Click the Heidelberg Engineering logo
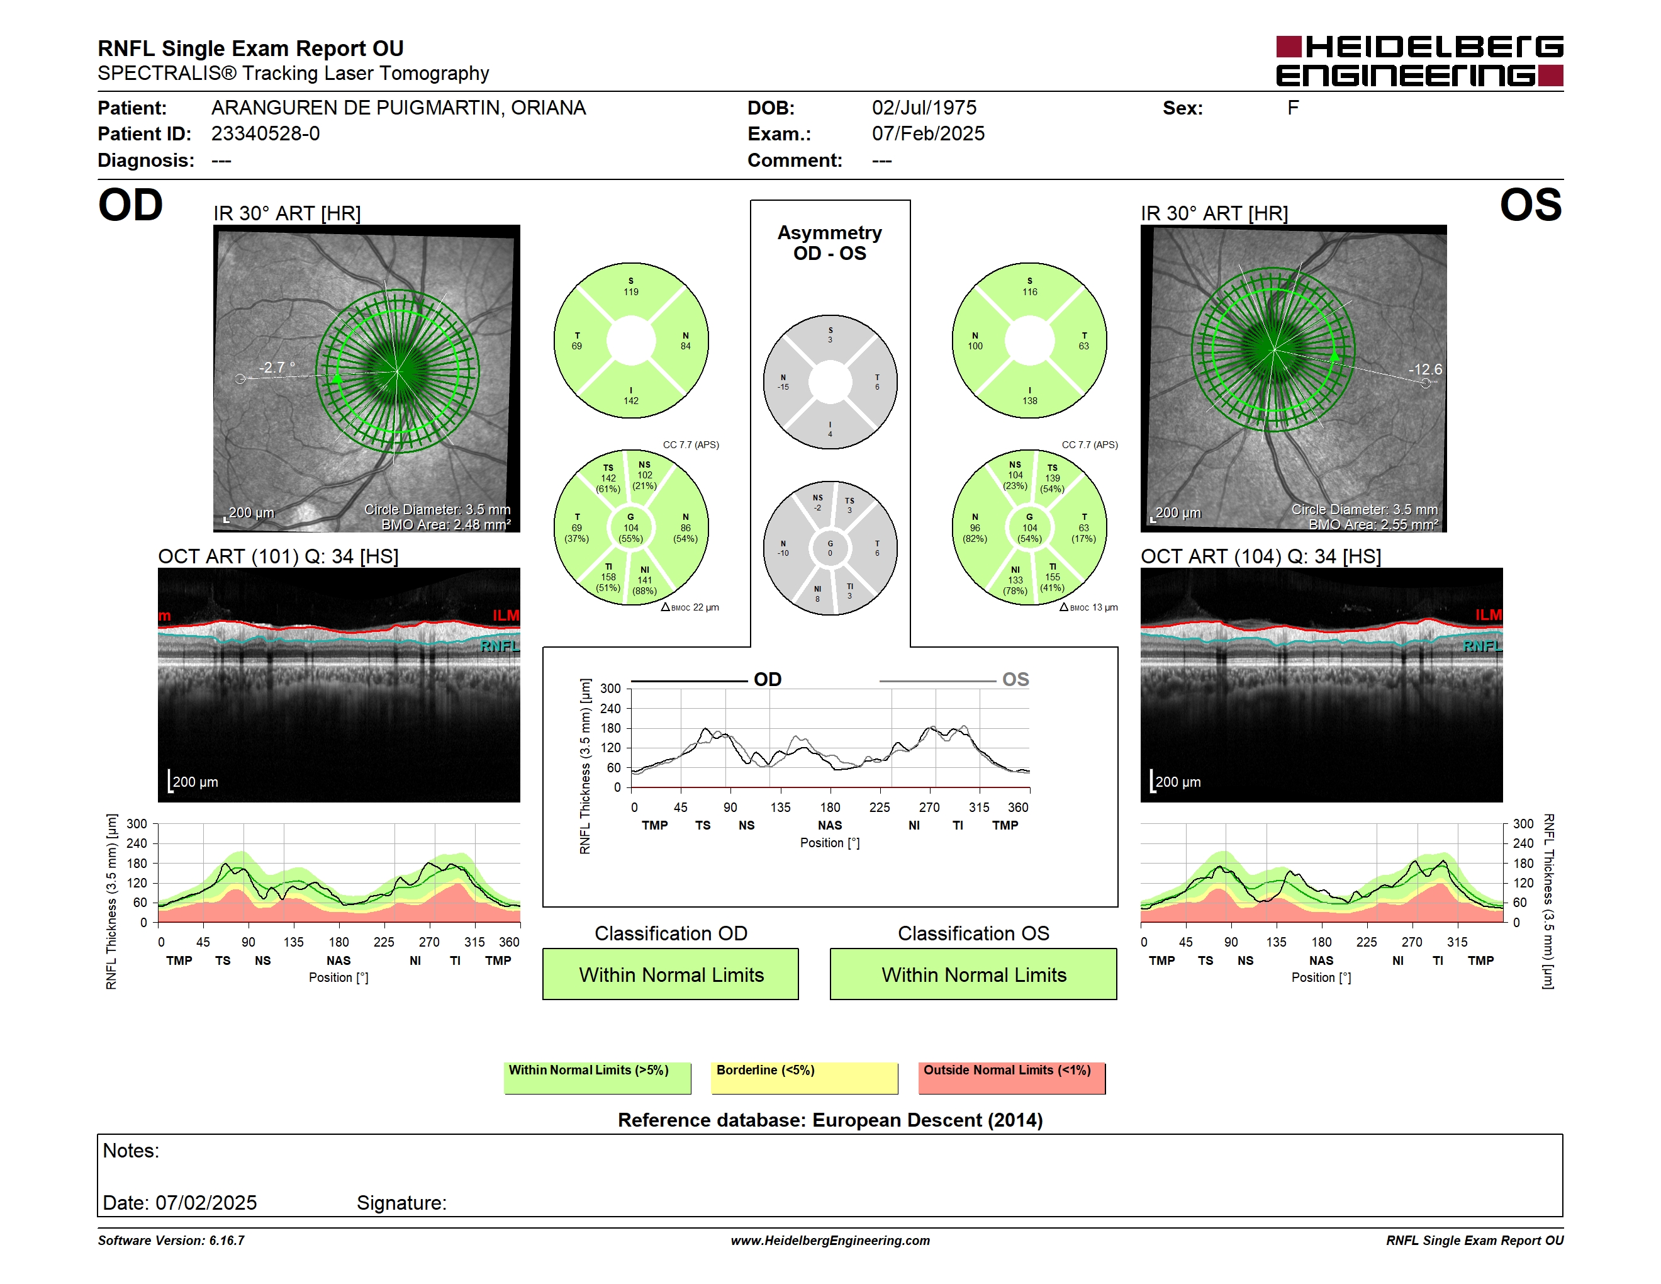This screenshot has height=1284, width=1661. coord(1419,61)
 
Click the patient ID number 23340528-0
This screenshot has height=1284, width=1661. coord(266,134)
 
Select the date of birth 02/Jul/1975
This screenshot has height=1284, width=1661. coord(924,108)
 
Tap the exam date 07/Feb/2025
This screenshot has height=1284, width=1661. coord(928,134)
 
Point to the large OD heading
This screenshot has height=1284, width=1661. coord(130,205)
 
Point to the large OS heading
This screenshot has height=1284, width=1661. coord(1530,205)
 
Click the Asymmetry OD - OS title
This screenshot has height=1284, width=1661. coord(830,243)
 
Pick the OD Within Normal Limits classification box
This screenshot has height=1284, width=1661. coord(670,974)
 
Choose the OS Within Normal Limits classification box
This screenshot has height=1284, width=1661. coord(973,974)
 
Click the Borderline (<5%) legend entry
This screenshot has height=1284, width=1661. coord(804,1078)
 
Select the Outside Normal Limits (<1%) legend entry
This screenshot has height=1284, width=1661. coord(1012,1078)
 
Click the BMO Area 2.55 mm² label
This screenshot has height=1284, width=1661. coord(1373,525)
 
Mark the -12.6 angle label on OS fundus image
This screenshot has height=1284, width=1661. coord(1424,369)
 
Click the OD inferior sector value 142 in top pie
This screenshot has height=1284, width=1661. coord(631,401)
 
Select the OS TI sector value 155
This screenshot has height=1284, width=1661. coord(1053,577)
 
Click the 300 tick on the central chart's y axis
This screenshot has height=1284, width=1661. coord(611,689)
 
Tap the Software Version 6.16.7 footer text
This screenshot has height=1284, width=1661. coord(171,1241)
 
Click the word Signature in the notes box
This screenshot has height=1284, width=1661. coord(401,1203)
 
